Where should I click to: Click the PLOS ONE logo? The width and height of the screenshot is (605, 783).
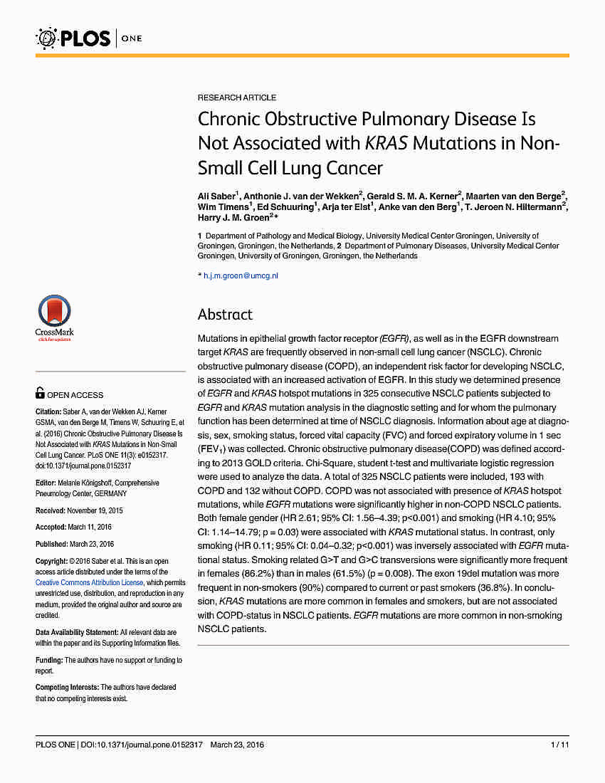tap(90, 37)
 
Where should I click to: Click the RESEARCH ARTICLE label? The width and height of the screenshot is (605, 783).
tap(237, 98)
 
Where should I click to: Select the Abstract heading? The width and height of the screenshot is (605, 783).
tap(225, 315)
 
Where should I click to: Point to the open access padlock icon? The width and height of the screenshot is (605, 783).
tap(41, 394)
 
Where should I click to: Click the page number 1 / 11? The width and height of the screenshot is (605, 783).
tap(559, 745)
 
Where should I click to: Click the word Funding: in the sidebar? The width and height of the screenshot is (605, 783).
tap(49, 661)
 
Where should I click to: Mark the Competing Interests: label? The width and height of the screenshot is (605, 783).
tap(67, 688)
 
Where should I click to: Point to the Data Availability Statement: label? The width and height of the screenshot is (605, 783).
tap(77, 632)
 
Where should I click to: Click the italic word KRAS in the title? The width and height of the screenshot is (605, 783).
tap(386, 143)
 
